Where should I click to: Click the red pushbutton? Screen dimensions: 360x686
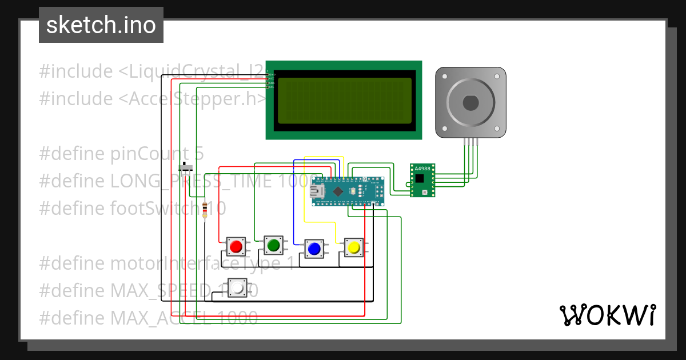[x=235, y=247]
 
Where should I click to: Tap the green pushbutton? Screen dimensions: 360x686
[x=273, y=245]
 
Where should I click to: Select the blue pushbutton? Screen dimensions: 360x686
[x=313, y=249]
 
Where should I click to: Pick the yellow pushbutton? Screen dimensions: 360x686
[x=353, y=247]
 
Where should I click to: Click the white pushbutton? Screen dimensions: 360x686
[x=237, y=288]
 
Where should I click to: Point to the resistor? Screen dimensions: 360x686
[x=205, y=209]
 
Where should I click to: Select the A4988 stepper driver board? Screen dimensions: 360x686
[x=422, y=179]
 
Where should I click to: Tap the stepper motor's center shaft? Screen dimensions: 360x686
[x=470, y=103]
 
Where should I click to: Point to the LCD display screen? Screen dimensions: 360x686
[x=344, y=101]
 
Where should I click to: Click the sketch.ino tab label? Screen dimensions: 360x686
[x=101, y=25]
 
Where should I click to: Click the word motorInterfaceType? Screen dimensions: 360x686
[x=197, y=263]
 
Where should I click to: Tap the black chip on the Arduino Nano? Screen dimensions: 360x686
[x=339, y=191]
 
